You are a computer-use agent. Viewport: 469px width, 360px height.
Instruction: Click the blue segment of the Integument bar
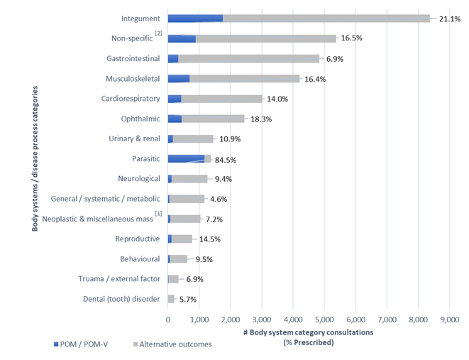pyautogui.click(x=195, y=18)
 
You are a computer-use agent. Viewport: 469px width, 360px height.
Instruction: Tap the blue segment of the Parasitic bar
pyautogui.click(x=186, y=159)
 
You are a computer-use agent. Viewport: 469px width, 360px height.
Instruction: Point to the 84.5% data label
pyautogui.click(x=225, y=160)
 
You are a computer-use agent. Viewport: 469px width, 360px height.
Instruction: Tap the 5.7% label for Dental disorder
pyautogui.click(x=188, y=300)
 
